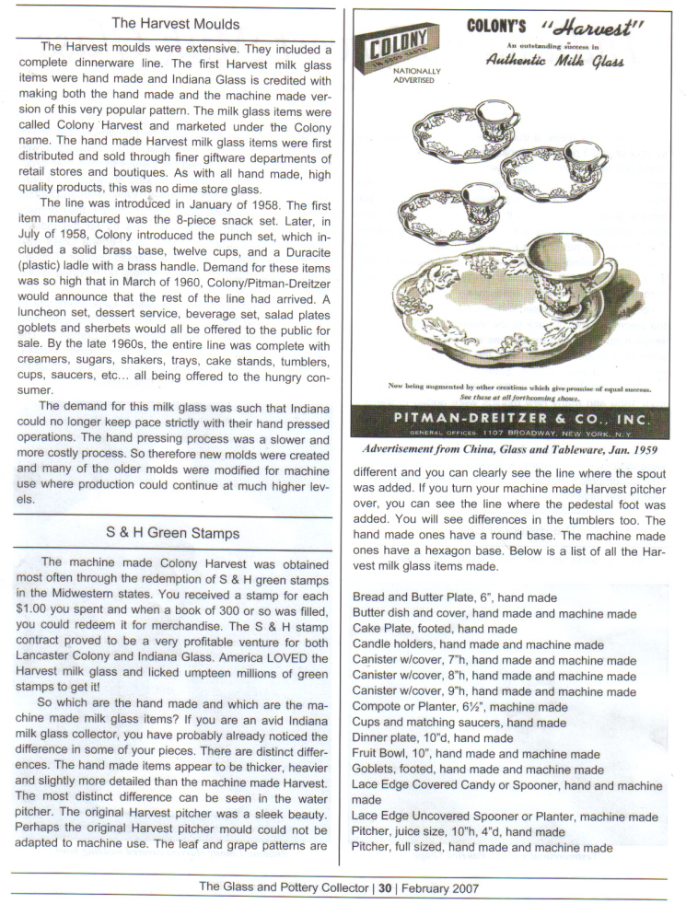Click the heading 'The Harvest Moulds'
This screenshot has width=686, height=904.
pos(175,23)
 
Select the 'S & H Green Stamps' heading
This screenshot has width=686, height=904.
pos(173,534)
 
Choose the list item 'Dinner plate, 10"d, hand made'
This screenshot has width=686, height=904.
pos(433,737)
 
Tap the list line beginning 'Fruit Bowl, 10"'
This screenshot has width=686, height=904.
pos(476,754)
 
